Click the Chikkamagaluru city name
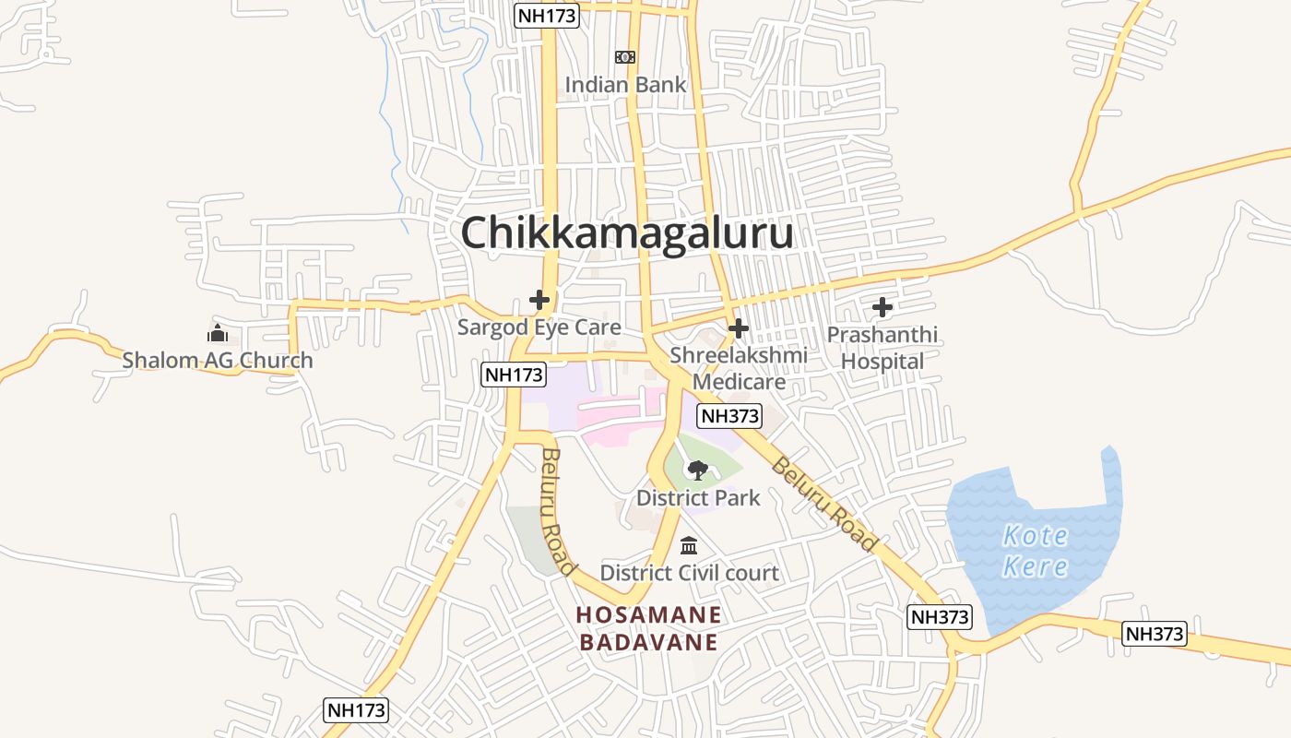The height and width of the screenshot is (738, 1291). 627,232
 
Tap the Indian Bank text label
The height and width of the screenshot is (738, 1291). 625,85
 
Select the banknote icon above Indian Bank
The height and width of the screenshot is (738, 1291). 625,57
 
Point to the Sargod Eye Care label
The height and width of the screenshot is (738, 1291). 539,327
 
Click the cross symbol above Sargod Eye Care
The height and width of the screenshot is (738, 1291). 539,300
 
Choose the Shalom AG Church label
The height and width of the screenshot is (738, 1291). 218,361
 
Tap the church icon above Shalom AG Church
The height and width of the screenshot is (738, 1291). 218,333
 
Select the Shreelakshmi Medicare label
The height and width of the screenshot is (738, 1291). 739,368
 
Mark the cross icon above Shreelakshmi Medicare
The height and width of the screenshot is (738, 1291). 738,327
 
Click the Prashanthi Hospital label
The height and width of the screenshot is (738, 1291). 882,348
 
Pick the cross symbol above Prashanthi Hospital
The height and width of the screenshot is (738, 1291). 882,306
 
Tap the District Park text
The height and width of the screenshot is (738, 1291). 698,498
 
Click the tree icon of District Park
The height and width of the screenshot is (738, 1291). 698,470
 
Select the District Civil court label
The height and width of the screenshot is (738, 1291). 689,573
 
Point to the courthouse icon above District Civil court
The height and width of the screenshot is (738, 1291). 689,545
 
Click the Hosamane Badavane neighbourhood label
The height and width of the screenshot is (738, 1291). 649,628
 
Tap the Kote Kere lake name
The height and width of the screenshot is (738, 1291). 1035,551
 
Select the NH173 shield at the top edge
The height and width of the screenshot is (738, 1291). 546,15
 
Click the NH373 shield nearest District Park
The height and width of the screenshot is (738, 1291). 729,416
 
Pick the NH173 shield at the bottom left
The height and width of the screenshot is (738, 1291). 357,710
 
